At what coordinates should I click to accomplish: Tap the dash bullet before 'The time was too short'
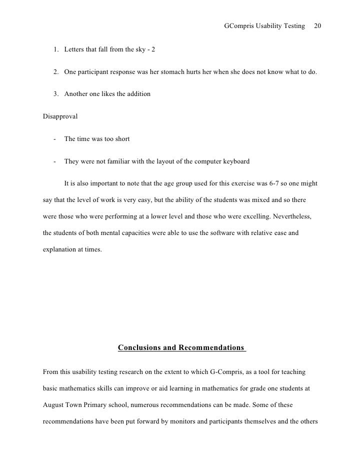(53, 139)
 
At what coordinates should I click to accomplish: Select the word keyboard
(234, 161)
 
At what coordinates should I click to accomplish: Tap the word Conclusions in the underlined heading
(139, 347)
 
